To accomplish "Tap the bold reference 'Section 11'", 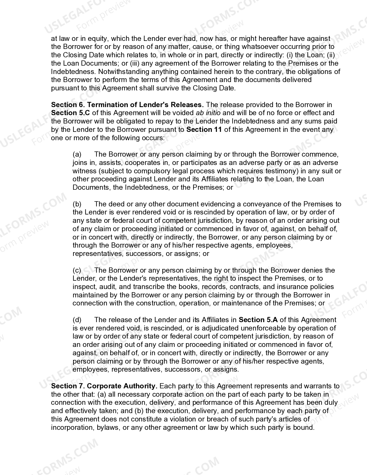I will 204,129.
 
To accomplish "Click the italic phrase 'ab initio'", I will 208,113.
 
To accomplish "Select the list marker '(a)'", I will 77,154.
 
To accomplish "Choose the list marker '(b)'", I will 77,204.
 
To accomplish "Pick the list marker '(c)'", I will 77,270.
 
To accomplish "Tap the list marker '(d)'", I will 77,320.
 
